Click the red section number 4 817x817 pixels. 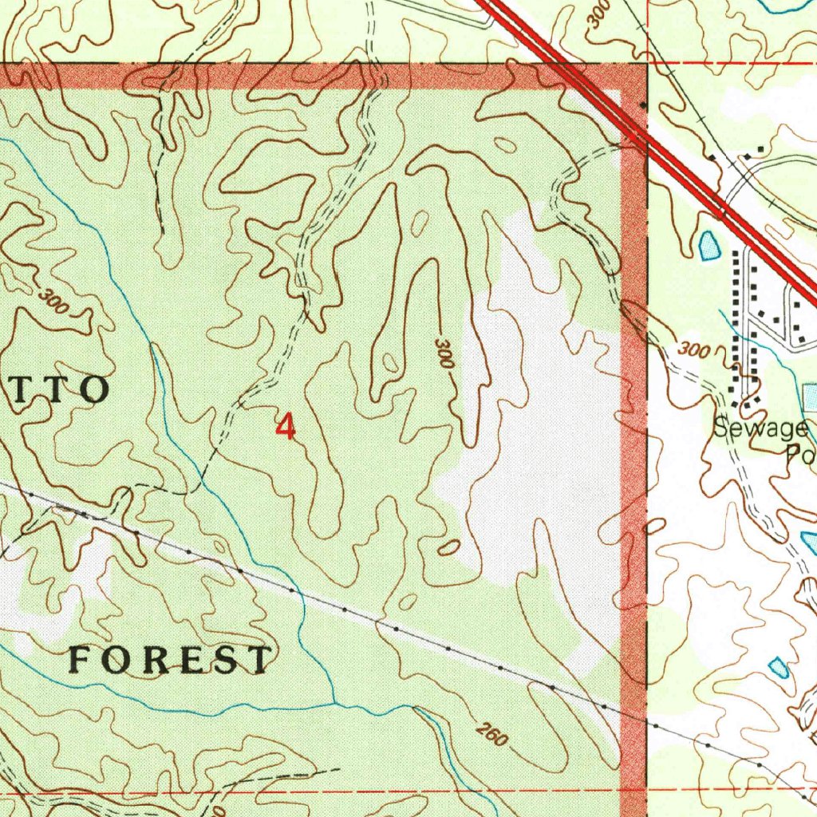pos(285,426)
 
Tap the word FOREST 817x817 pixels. pos(170,661)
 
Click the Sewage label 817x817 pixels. pos(760,429)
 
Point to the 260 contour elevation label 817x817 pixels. pos(491,735)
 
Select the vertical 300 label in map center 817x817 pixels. pos(444,353)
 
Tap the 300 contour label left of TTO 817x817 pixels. pos(53,302)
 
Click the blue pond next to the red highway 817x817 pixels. pos(707,247)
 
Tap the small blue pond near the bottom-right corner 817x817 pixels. pos(778,667)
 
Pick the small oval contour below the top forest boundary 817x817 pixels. pos(504,144)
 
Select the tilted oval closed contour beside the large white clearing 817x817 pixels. pos(449,547)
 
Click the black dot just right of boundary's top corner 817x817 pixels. pos(644,105)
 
